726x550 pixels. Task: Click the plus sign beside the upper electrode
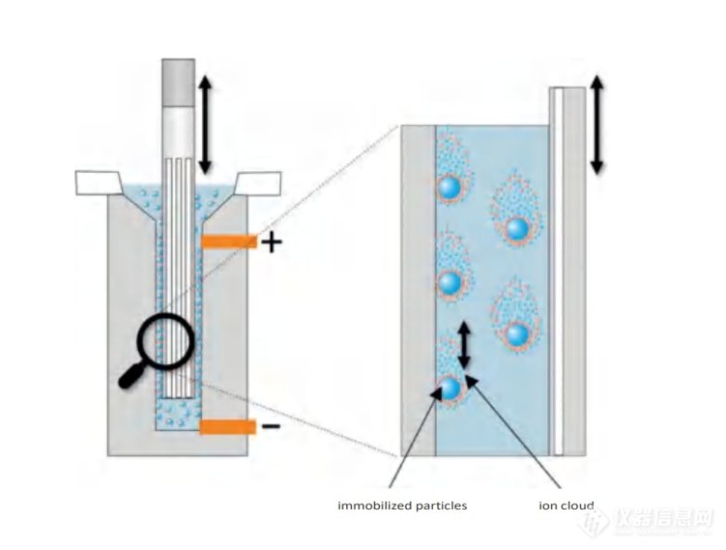click(270, 244)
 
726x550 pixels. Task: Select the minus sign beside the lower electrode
click(270, 426)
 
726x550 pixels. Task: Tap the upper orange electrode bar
click(227, 242)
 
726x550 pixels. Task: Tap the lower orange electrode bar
click(227, 426)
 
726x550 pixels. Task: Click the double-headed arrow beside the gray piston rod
click(205, 125)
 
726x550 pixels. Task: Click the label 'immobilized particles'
click(402, 505)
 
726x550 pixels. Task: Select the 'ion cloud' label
click(566, 505)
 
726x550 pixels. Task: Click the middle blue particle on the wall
click(450, 281)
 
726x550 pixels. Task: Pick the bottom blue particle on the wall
click(450, 388)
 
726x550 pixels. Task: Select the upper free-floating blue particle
click(517, 228)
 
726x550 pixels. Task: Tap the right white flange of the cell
click(257, 184)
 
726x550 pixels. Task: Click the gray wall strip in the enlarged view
click(417, 288)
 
